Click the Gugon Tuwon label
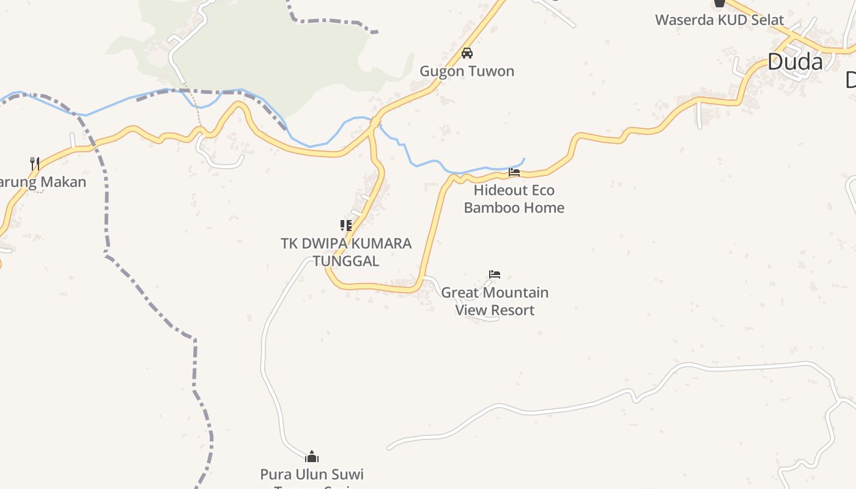coord(467,71)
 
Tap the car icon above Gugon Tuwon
coord(467,53)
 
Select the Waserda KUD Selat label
coord(719,20)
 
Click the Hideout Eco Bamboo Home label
coord(514,199)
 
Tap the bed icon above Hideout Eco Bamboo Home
coord(514,172)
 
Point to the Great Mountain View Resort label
coord(495,301)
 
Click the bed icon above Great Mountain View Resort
coord(495,274)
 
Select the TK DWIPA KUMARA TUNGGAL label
coord(346,252)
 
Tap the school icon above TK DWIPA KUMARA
coord(346,226)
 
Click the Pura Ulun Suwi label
coord(312,474)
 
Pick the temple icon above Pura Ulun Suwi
coord(312,457)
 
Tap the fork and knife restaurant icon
coord(35,163)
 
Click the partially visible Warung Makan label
coord(43,182)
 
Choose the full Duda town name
coord(795,62)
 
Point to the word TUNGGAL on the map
coord(346,260)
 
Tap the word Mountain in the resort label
coord(512,293)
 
